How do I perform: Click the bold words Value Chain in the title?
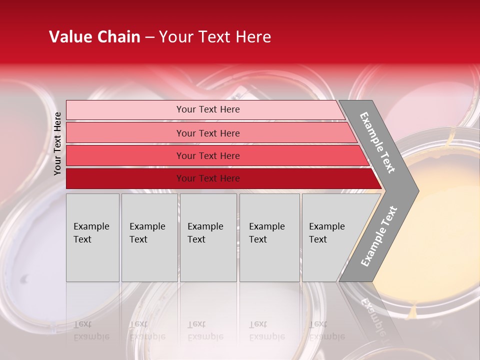[94, 37]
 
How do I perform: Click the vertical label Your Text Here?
[57, 143]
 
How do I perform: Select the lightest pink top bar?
[125, 110]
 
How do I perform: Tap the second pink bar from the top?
[125, 133]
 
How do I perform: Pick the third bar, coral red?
[125, 155]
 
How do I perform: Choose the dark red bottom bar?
[125, 178]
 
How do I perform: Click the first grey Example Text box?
[92, 237]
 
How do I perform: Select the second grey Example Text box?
[149, 237]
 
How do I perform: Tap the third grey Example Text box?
[208, 237]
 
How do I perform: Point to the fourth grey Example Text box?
[269, 237]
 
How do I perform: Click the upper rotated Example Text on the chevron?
[377, 142]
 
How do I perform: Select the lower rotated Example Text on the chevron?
[379, 236]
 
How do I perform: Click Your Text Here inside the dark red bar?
[208, 178]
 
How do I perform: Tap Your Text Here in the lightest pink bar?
[208, 109]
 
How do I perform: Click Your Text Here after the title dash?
[215, 37]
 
